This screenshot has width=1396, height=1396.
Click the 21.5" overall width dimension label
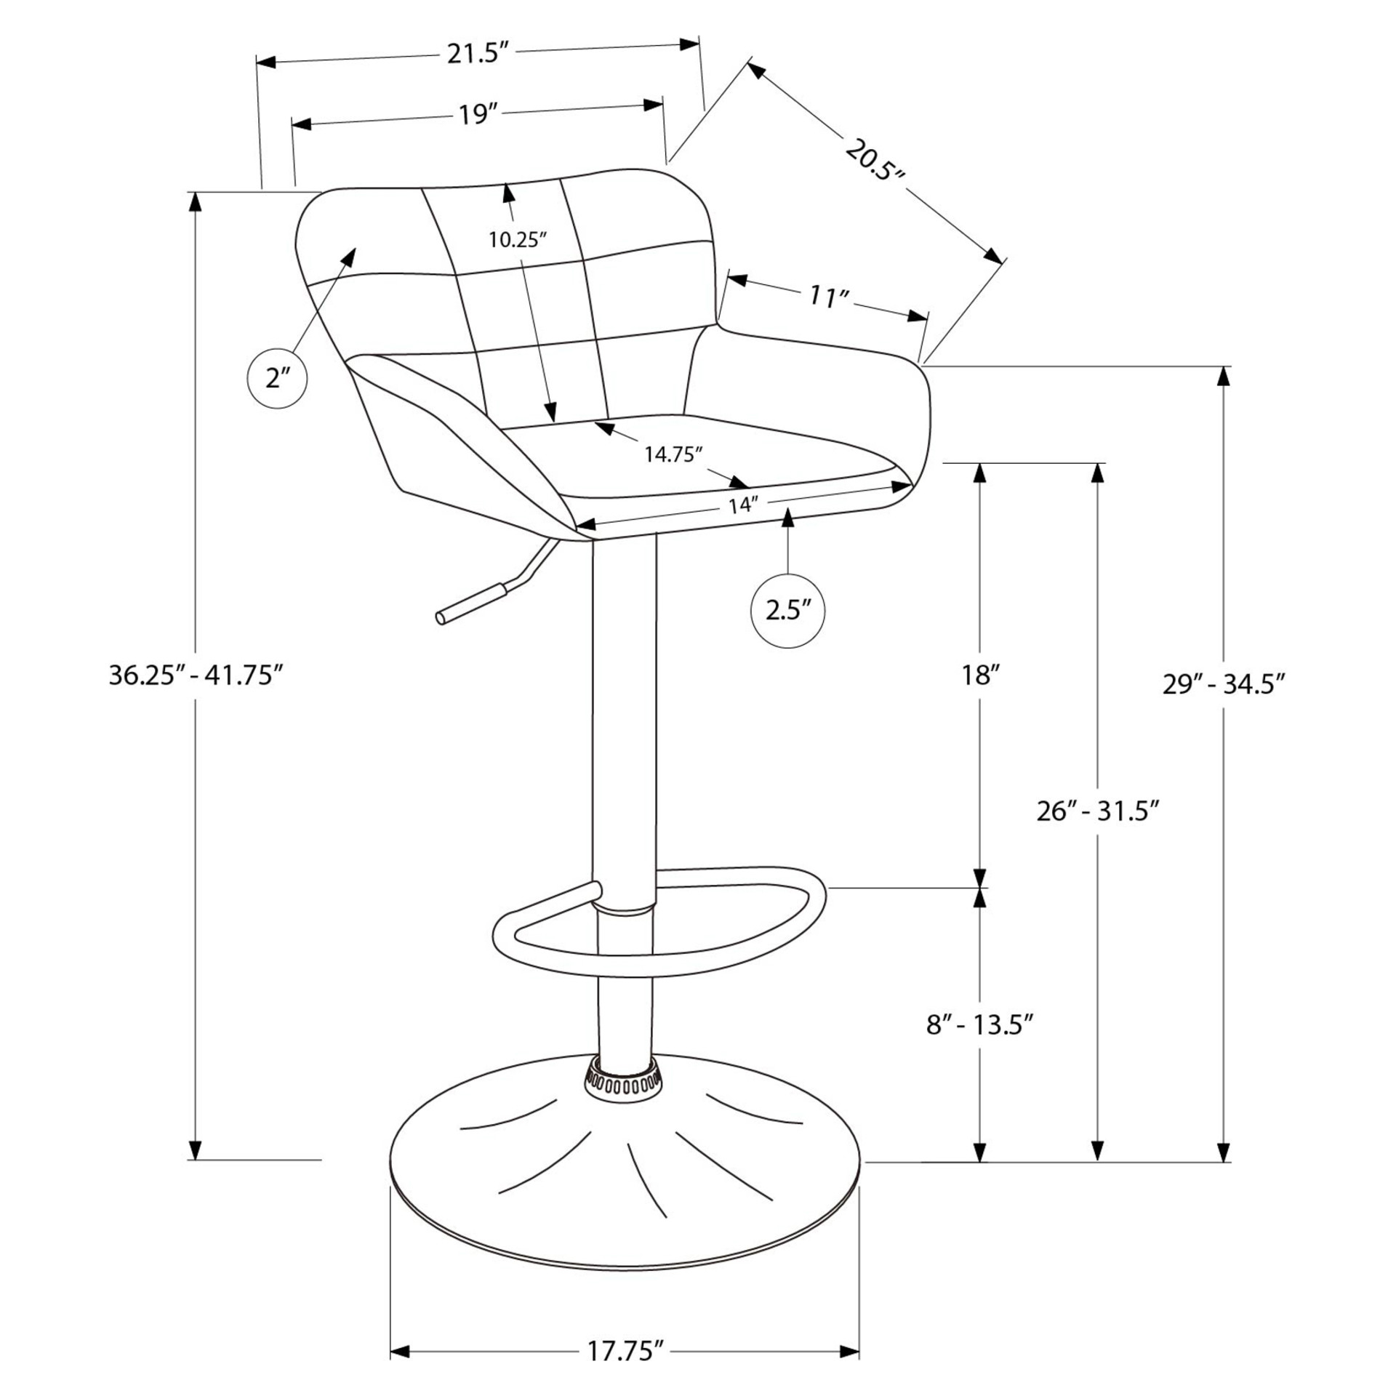point(476,54)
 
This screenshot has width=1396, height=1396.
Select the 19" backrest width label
point(476,115)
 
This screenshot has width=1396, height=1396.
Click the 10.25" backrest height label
point(517,240)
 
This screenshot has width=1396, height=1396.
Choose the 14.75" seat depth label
point(674,454)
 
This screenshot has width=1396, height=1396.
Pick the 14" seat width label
point(743,505)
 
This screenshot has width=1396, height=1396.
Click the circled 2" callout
point(277,378)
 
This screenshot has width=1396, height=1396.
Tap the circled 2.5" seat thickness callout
point(788,610)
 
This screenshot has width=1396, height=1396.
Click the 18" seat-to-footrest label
point(976,675)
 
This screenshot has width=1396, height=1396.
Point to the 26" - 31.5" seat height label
point(1097,811)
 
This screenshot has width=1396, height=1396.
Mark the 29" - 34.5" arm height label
point(1224,684)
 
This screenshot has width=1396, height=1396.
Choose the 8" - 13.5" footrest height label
point(980,1026)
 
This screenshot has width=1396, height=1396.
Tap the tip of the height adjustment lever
point(441,618)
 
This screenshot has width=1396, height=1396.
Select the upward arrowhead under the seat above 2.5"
point(788,517)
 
